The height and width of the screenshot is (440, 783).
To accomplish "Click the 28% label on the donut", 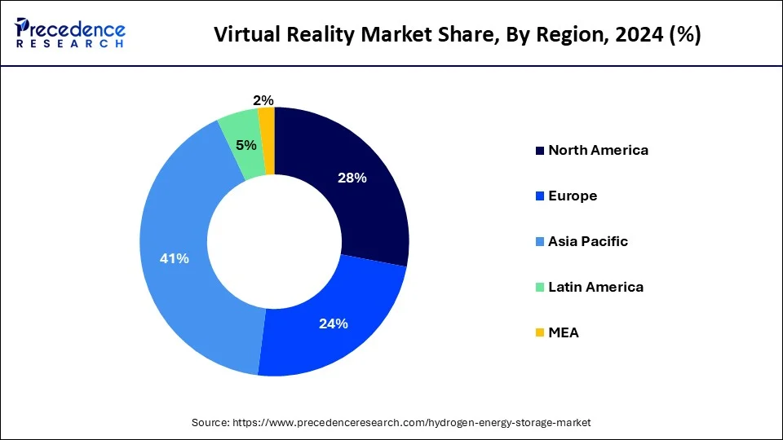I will pos(352,178).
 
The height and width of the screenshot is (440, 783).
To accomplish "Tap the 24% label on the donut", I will pos(334,323).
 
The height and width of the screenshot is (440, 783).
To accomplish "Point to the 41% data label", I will pos(175,258).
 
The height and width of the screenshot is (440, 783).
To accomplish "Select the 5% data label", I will pos(246,145).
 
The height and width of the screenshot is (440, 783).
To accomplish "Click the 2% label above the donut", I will pos(263,100).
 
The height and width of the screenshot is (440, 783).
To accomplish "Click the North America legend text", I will pos(598,150).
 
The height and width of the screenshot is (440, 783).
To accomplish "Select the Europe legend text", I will pos(573,196).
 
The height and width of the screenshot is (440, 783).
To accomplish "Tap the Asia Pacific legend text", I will pos(588,241).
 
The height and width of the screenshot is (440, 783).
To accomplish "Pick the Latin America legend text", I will pos(595,287).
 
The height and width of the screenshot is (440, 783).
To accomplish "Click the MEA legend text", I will pos(564,332).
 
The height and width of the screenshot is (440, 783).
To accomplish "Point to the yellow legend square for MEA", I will pos(539,332).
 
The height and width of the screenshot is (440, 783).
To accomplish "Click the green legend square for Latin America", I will pos(539,287).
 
